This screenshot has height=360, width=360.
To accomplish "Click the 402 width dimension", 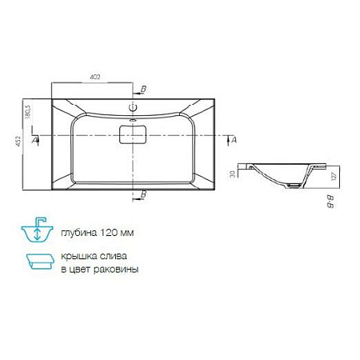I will [x=94, y=78].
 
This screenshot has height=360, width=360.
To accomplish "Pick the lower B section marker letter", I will [x=144, y=194].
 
